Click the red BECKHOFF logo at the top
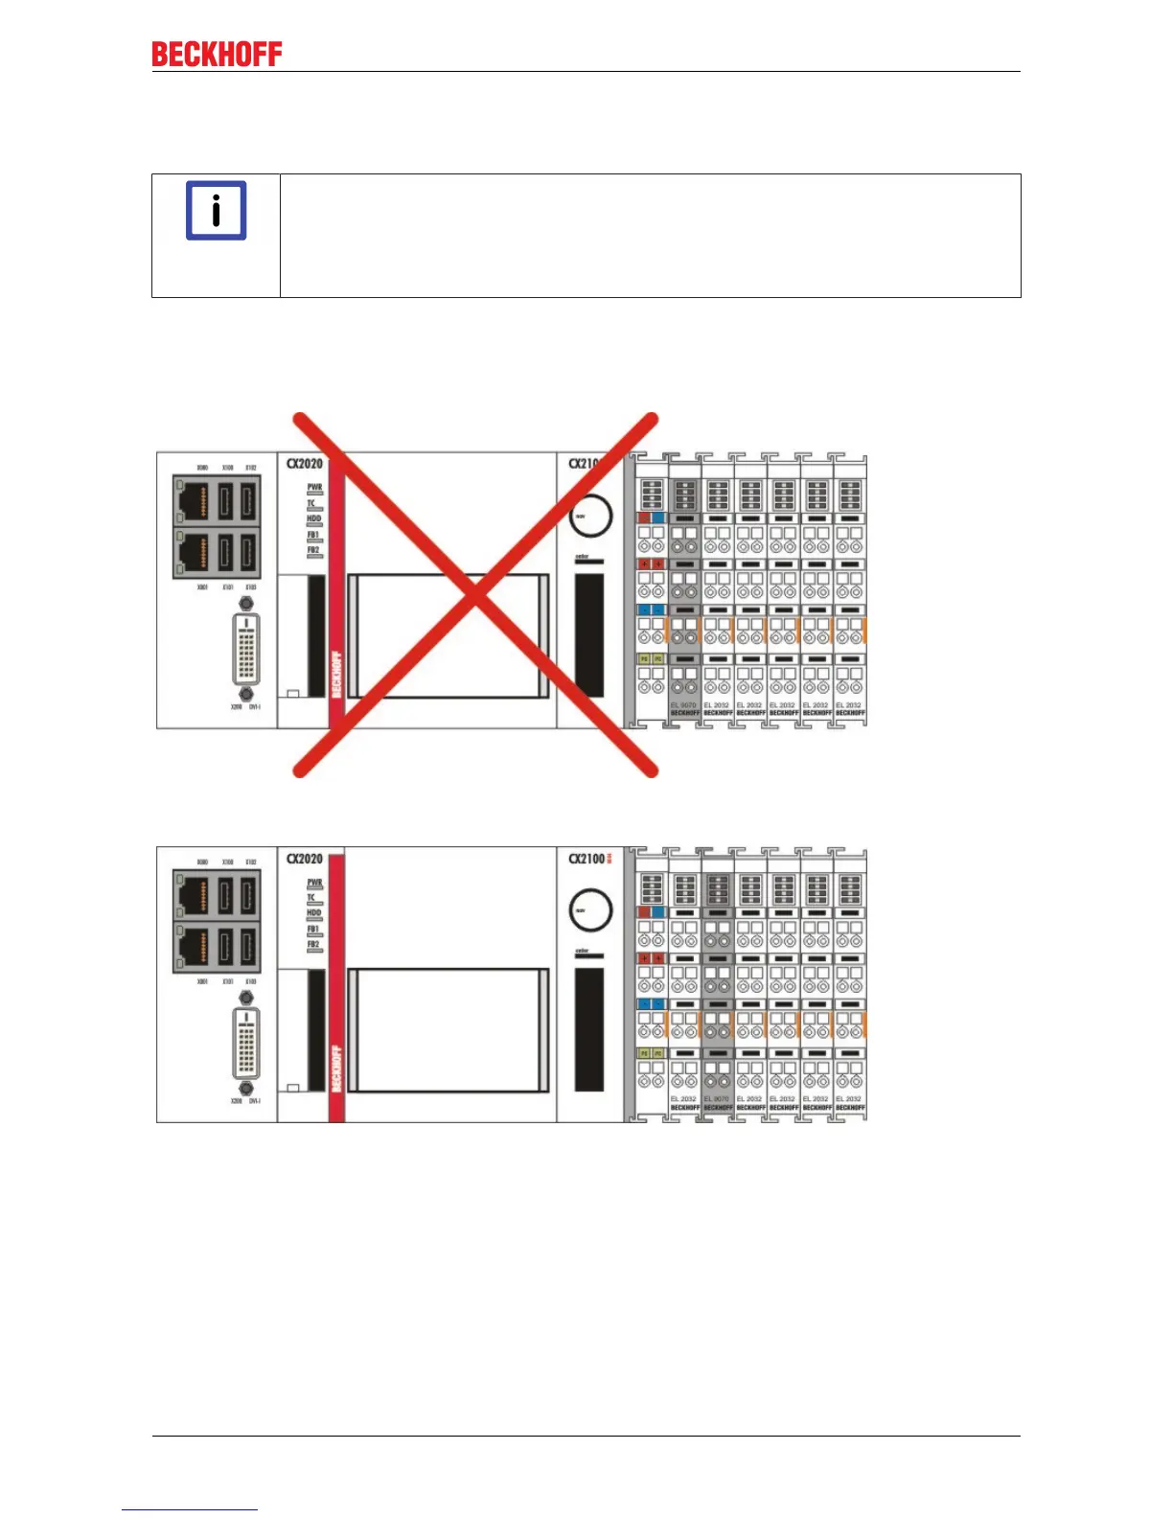click(x=217, y=55)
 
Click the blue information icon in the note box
click(x=216, y=210)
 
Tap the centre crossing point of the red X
click(x=475, y=595)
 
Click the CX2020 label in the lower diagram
click(x=305, y=859)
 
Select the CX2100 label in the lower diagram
click(x=587, y=859)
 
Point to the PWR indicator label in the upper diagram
click(x=314, y=487)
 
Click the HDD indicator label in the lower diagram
click(x=313, y=912)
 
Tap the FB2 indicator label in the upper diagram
click(x=313, y=550)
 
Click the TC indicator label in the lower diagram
click(x=311, y=897)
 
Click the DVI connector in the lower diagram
click(x=246, y=1043)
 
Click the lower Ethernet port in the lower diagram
click(x=193, y=946)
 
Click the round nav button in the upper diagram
click(x=589, y=516)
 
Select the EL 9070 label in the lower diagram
click(x=717, y=1099)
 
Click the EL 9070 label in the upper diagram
click(x=683, y=705)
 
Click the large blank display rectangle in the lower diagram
click(x=448, y=1029)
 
